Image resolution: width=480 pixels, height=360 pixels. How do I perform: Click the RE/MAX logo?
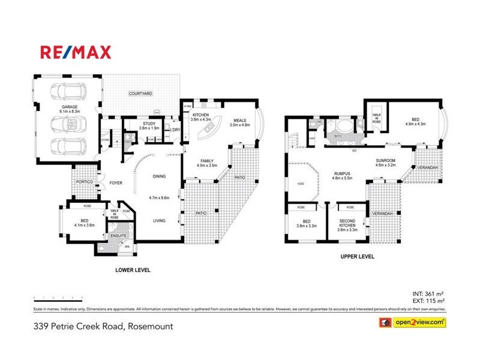coord(76,52)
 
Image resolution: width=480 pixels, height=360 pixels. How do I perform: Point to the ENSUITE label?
coord(118,236)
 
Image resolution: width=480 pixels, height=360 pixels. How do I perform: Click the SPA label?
coord(127,247)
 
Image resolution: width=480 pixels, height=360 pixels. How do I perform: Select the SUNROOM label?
coord(386,161)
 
